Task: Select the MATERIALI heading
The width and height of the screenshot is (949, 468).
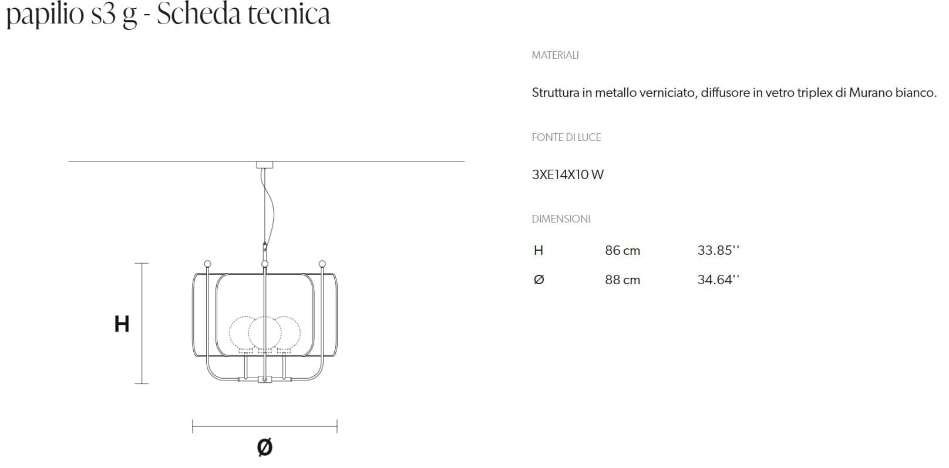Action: (555, 55)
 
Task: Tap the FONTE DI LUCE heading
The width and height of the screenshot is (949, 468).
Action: (566, 137)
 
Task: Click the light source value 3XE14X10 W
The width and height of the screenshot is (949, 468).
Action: (567, 174)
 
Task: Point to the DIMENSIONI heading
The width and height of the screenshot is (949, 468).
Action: (561, 219)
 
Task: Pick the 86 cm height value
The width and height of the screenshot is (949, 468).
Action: (622, 251)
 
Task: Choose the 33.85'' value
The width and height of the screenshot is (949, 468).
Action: (718, 250)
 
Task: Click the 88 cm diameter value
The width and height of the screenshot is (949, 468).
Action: (622, 280)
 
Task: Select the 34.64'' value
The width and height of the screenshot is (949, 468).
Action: (718, 280)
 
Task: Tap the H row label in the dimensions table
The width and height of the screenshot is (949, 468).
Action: (538, 251)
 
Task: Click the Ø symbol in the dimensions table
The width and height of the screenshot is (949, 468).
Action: (539, 280)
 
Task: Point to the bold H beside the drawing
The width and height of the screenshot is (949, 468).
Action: (122, 324)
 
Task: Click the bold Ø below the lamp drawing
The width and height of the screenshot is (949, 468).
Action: (265, 447)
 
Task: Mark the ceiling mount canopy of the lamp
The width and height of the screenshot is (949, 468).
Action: (265, 165)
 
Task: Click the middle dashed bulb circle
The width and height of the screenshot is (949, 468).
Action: (265, 332)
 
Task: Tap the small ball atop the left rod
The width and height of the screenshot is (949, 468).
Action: (207, 264)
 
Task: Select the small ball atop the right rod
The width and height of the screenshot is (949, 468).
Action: (322, 264)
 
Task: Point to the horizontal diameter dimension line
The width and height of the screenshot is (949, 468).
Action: (265, 426)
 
